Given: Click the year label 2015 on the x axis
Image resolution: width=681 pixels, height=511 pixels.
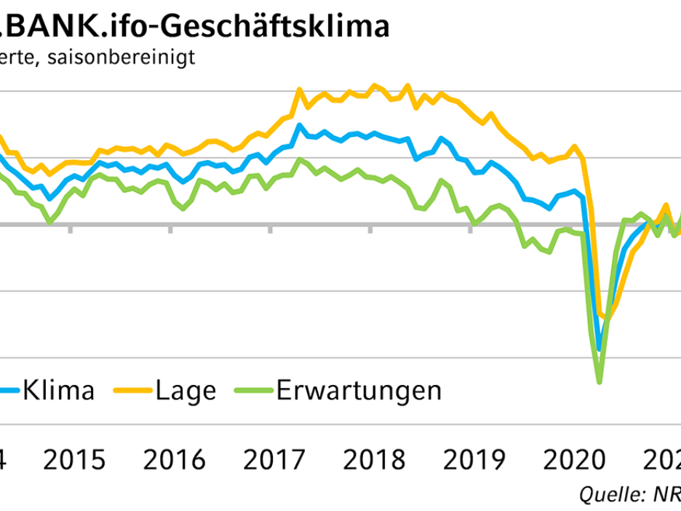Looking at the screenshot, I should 75,460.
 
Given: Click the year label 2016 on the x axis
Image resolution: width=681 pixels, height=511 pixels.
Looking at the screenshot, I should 175,460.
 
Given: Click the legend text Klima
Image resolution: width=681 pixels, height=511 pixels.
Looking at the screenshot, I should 59,391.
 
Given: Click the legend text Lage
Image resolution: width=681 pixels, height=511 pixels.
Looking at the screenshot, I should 186,391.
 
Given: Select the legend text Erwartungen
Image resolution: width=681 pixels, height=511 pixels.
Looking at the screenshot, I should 359,391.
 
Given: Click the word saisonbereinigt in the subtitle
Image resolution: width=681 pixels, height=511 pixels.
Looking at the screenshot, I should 119,58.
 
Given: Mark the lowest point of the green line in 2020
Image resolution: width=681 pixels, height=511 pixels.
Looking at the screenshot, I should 600,382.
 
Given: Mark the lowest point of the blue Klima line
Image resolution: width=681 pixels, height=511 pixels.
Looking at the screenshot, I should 600,349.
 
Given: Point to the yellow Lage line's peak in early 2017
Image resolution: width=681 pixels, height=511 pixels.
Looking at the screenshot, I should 298,90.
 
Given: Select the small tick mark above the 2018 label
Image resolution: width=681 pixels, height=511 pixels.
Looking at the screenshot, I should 370,229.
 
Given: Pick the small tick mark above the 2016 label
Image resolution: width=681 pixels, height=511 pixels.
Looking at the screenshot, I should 170,229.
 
